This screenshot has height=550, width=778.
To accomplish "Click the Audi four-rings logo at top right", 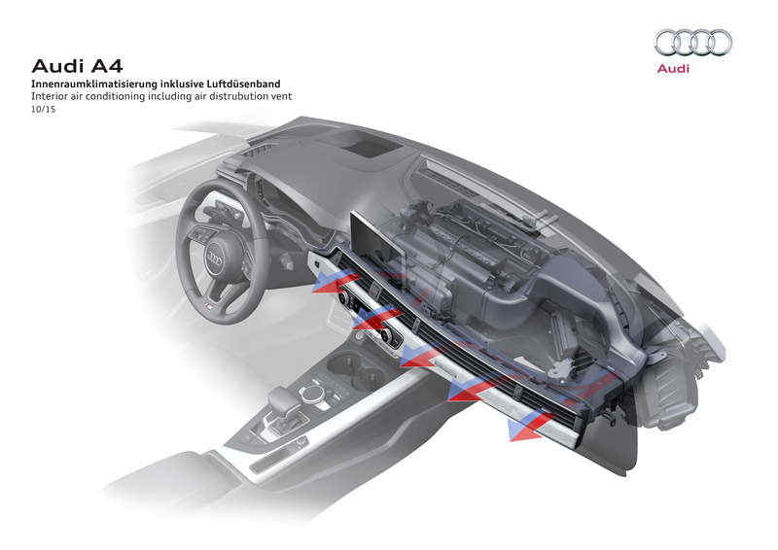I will (x=692, y=42).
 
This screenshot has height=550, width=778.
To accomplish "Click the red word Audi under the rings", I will (x=673, y=69).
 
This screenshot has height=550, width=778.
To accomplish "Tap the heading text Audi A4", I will (x=71, y=67).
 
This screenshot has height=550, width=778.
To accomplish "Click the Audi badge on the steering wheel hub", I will (x=216, y=259).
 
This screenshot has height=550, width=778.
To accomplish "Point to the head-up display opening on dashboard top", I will (x=371, y=146).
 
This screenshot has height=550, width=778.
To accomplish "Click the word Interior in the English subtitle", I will (x=50, y=97).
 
